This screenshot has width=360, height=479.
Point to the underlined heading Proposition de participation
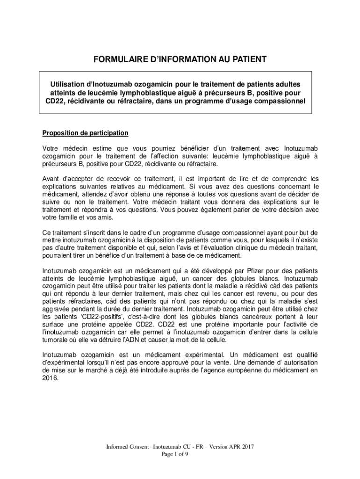(85, 133)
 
